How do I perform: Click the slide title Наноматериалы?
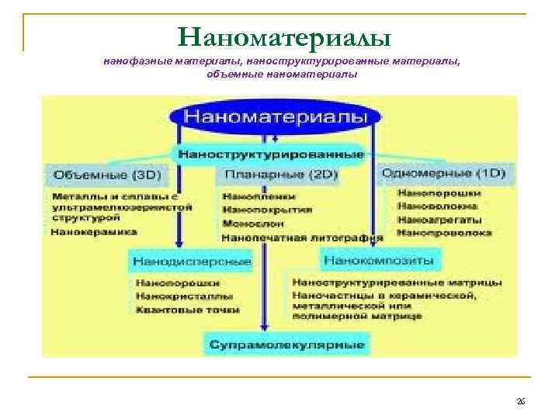pyautogui.click(x=284, y=36)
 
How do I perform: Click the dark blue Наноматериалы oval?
pyautogui.click(x=280, y=117)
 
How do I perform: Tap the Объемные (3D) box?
pyautogui.click(x=99, y=175)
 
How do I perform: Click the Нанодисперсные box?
pyautogui.click(x=192, y=260)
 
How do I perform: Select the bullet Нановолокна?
pyautogui.click(x=438, y=206)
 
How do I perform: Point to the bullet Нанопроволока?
pyautogui.click(x=444, y=231)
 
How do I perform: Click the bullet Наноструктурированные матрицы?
pyautogui.click(x=398, y=282)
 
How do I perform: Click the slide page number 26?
pyautogui.click(x=521, y=401)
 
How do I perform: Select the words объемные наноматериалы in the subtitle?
pyautogui.click(x=282, y=74)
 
